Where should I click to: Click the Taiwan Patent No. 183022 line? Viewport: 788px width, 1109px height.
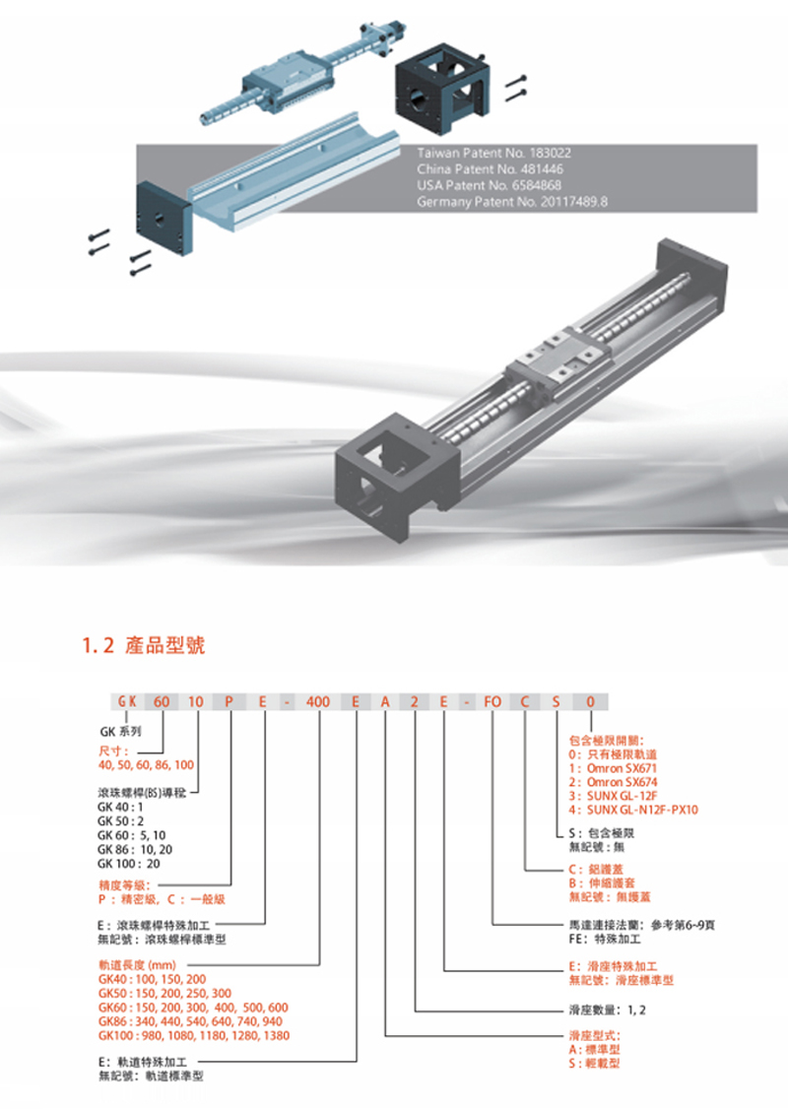point(493,153)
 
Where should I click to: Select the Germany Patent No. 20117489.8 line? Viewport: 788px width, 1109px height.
point(512,202)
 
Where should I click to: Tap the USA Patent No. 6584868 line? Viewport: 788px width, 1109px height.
point(489,185)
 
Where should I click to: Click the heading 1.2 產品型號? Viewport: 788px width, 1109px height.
point(144,645)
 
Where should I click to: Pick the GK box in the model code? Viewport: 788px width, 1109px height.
point(127,701)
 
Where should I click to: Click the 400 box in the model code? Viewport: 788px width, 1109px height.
point(318,701)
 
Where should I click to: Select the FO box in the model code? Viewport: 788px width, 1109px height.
point(492,701)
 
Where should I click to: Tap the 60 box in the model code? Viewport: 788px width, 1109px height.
point(162,701)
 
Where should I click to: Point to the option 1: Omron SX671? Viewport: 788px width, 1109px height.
point(614,768)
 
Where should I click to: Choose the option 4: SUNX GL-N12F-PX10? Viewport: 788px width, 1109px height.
point(633,810)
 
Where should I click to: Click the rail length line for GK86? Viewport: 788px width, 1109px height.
point(190,1021)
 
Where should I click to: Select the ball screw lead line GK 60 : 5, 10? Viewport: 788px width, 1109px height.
point(132,835)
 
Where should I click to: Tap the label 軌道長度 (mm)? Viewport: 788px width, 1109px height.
point(137,965)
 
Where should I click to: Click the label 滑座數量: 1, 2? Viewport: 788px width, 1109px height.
point(608,1010)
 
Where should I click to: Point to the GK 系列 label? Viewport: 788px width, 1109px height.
point(120,732)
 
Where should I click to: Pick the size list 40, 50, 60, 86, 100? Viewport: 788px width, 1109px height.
point(146,764)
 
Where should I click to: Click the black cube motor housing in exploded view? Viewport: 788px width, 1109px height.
point(441,87)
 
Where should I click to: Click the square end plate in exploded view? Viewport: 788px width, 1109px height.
point(164,219)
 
